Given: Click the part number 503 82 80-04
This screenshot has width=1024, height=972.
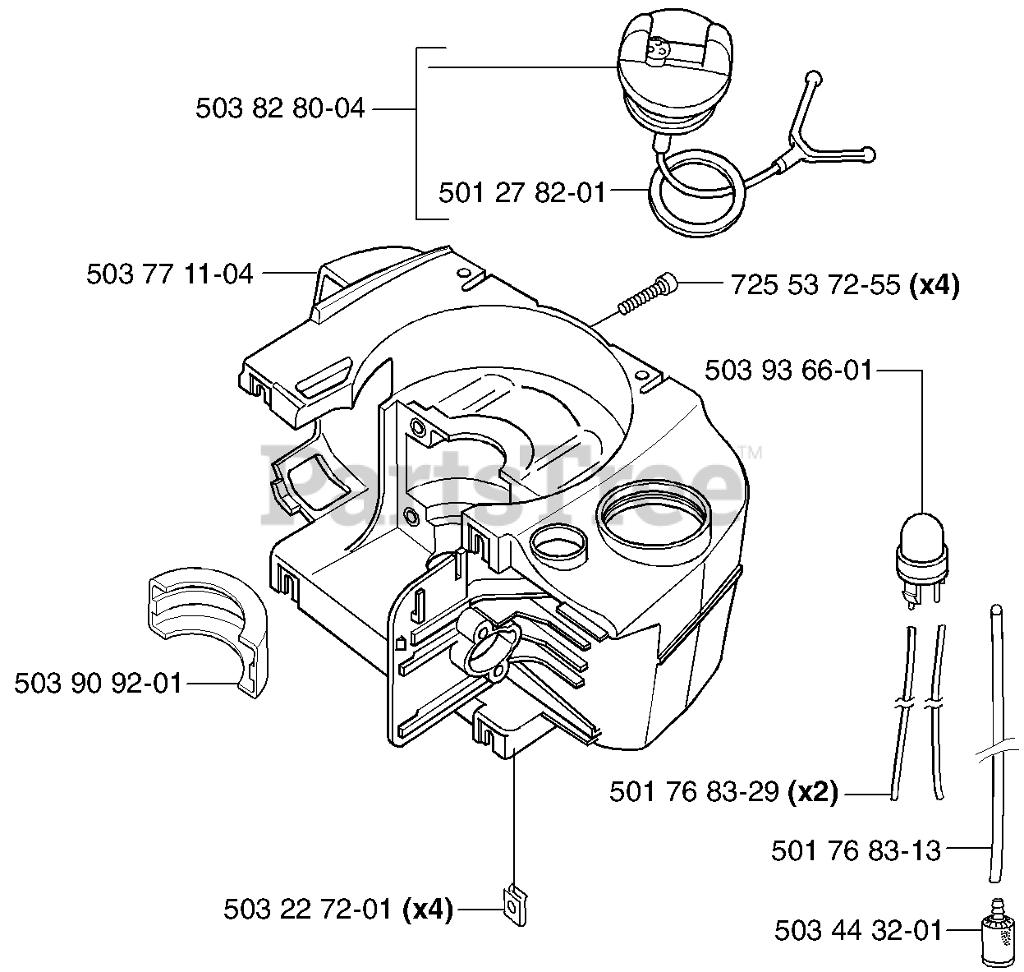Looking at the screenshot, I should [280, 108].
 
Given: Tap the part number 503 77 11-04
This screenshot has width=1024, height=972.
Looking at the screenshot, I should [170, 274].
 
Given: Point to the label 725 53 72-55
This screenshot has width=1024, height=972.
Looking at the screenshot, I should [815, 285].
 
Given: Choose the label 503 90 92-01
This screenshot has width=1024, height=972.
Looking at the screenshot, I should [98, 683].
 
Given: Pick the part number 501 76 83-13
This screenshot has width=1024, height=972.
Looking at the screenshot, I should [856, 850].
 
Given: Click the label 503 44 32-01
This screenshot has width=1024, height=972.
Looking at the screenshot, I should [858, 930].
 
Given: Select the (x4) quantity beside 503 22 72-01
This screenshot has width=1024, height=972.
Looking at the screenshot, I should [428, 910].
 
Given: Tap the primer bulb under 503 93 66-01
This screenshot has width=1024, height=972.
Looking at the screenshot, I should [923, 550].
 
